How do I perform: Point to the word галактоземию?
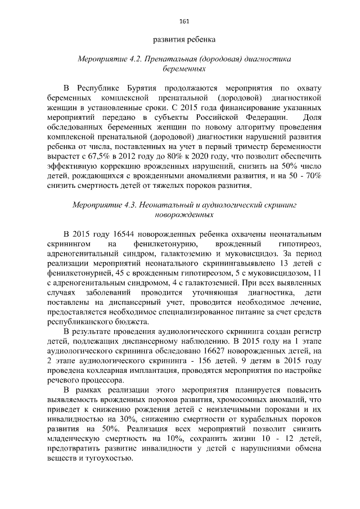point(187,254)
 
